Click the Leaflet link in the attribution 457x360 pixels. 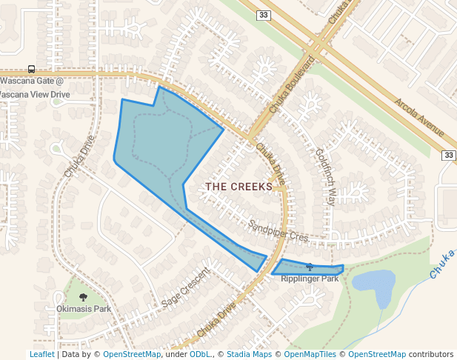point(41,355)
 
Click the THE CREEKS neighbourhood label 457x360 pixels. point(238,187)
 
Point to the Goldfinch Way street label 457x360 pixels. point(326,176)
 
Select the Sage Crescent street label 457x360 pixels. point(186,290)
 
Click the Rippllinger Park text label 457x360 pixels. point(310,279)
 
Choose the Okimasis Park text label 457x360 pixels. point(83,308)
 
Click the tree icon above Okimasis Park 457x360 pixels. point(82,296)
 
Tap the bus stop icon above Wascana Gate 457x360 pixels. point(31,69)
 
